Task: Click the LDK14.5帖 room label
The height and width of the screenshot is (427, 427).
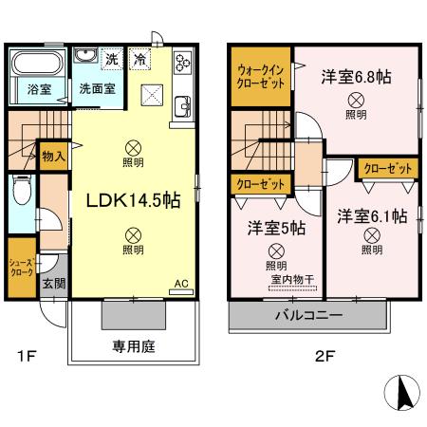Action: [x=132, y=201]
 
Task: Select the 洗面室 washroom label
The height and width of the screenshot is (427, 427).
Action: [x=97, y=88]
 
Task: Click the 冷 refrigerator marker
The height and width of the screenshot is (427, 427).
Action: [x=140, y=58]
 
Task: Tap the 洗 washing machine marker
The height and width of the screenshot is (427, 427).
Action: [x=111, y=58]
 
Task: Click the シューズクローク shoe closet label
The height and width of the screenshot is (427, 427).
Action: [x=21, y=267]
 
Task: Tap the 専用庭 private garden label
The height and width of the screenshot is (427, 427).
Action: [x=132, y=345]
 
